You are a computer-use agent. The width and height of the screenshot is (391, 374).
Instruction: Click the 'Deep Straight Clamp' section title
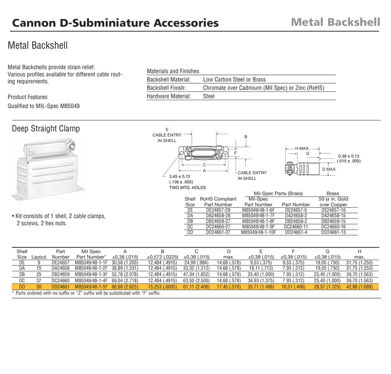pyautogui.click(x=45, y=129)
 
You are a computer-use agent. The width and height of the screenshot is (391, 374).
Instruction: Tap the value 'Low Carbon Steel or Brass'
pyautogui.click(x=234, y=79)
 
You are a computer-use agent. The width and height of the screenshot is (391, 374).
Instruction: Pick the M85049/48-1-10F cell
pyautogui.click(x=259, y=232)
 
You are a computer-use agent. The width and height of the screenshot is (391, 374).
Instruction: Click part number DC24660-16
pyautogui.click(x=334, y=226)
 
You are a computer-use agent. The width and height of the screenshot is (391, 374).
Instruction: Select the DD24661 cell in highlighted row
pyautogui.click(x=60, y=286)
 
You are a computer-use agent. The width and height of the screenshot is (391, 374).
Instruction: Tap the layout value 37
pyautogui.click(x=38, y=281)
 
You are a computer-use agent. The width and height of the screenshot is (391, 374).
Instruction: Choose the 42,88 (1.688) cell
pyautogui.click(x=359, y=286)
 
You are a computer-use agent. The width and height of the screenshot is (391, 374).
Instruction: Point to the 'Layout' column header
pyautogui.click(x=38, y=257)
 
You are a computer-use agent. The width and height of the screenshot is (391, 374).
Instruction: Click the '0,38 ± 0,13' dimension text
pyautogui.click(x=349, y=156)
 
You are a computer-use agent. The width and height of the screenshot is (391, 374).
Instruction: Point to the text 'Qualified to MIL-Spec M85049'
pyautogui.click(x=44, y=107)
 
